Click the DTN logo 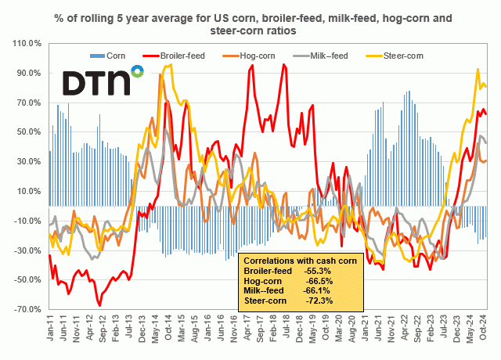102,81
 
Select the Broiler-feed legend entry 179,56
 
